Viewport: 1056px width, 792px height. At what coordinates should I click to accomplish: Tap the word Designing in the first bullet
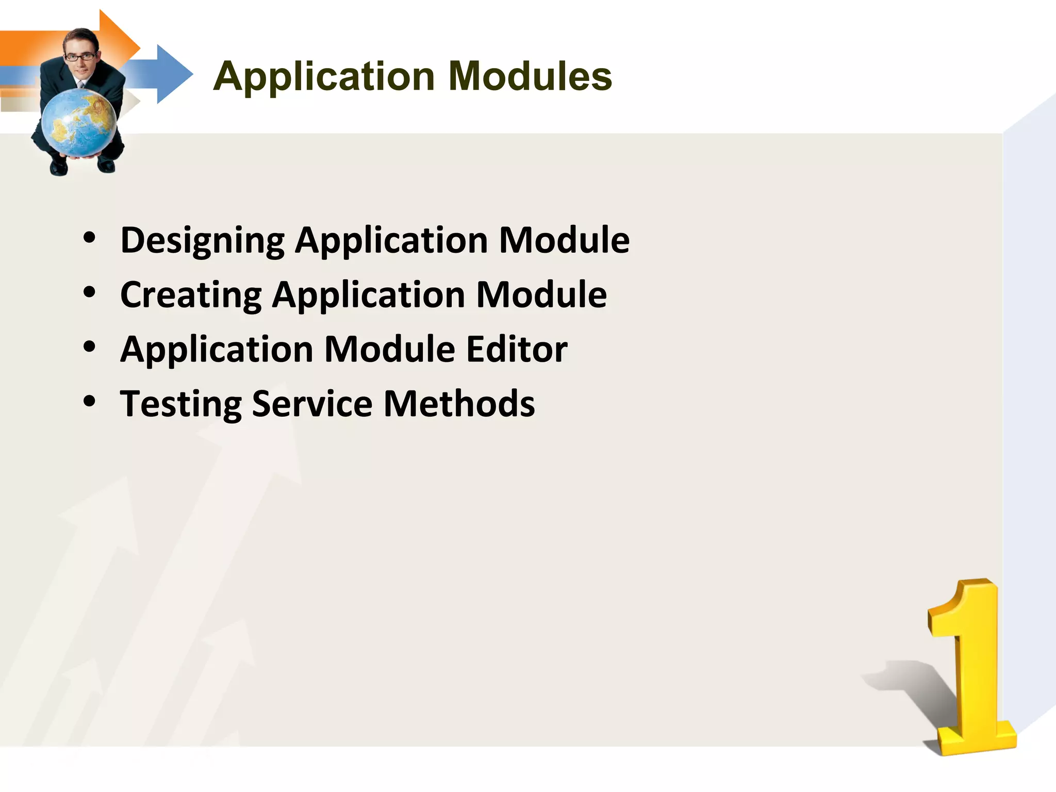pos(202,241)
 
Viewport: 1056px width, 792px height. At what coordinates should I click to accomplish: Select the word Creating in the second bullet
pos(191,295)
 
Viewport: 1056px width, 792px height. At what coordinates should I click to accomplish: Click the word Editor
pos(517,350)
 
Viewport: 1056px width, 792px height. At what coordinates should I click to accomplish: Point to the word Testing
pos(180,405)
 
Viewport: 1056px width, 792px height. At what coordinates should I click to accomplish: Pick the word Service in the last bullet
pos(312,404)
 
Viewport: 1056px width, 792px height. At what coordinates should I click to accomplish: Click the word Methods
pos(459,404)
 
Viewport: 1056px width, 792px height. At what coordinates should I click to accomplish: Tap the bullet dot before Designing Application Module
pos(90,238)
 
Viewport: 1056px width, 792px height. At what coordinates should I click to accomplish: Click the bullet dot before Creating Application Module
pos(90,293)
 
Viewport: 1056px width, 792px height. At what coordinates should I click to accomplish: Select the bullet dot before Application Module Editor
pos(90,347)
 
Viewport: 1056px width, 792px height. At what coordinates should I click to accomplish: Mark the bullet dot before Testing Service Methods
pos(90,402)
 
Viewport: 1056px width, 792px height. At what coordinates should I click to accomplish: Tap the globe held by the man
pos(78,123)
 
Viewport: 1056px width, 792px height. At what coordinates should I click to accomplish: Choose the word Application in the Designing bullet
pos(391,241)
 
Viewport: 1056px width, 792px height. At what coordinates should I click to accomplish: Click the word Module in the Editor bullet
pos(390,350)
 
